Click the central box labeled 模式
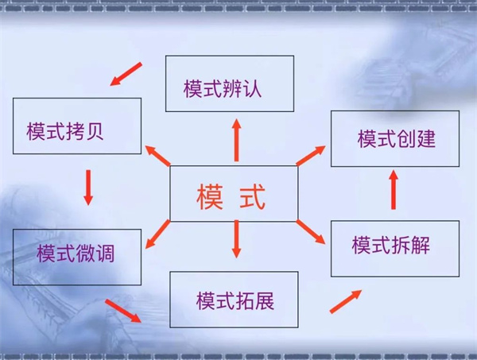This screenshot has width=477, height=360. tap(234, 193)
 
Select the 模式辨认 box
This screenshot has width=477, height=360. tap(230, 83)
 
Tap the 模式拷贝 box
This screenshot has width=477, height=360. tap(77, 126)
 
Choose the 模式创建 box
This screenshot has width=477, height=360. tap(395, 138)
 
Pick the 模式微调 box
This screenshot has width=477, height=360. tap(77, 257)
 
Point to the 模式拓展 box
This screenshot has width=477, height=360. tap(234, 300)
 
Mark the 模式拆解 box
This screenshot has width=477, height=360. tap(395, 249)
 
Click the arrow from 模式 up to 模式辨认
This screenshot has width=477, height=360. tap(237, 140)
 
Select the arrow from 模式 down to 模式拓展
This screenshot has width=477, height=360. tap(236, 239)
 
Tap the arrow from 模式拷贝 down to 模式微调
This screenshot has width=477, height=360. tap(88, 188)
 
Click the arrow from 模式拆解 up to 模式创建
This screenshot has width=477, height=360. tap(394, 190)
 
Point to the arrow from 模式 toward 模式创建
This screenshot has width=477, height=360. tap(311, 156)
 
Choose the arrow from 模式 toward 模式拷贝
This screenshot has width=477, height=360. tap(157, 156)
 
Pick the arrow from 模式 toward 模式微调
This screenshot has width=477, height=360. tap(157, 234)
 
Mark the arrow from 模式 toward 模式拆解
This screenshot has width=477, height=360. tap(311, 232)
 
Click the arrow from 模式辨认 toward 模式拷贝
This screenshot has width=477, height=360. tap(126, 74)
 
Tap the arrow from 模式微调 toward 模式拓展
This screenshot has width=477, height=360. tap(123, 311)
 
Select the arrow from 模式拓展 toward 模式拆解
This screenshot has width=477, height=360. tap(346, 301)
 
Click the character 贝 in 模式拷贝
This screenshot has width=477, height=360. tap(95, 131)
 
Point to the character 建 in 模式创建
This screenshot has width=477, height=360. tap(426, 138)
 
